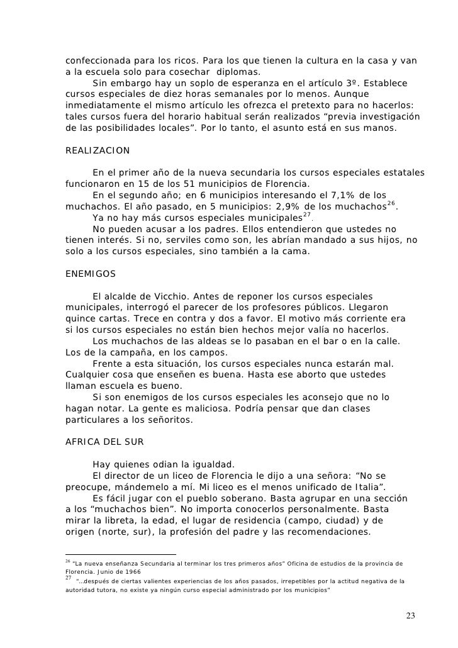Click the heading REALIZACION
(x=98, y=151)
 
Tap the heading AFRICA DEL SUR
(x=104, y=442)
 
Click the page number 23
(x=411, y=615)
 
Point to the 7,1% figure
(x=342, y=196)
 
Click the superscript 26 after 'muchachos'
(x=391, y=203)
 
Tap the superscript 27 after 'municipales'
(x=307, y=215)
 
